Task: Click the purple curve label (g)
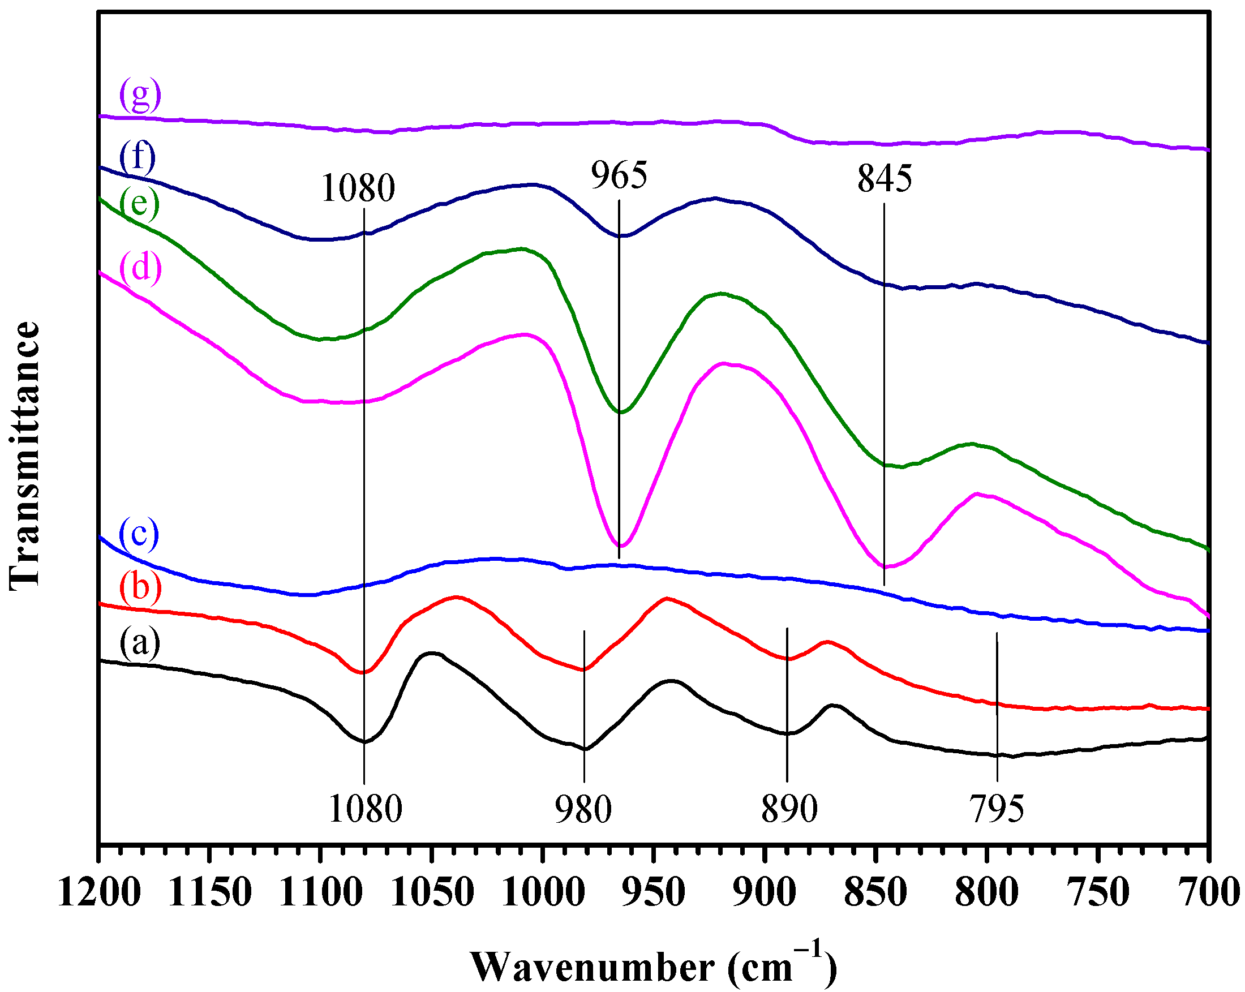pyautogui.click(x=140, y=95)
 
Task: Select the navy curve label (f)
pyautogui.click(x=138, y=157)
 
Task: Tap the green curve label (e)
pyautogui.click(x=139, y=204)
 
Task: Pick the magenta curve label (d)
pyautogui.click(x=140, y=267)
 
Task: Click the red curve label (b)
pyautogui.click(x=140, y=587)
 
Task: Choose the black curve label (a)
pyautogui.click(x=140, y=643)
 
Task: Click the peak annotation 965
pyautogui.click(x=619, y=175)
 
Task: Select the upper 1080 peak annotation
pyautogui.click(x=358, y=188)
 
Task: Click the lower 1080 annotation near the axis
pyautogui.click(x=365, y=809)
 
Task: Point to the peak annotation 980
pyautogui.click(x=583, y=809)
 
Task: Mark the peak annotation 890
pyautogui.click(x=789, y=809)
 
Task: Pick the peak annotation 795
pyautogui.click(x=997, y=809)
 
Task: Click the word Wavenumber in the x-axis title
pyautogui.click(x=592, y=967)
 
